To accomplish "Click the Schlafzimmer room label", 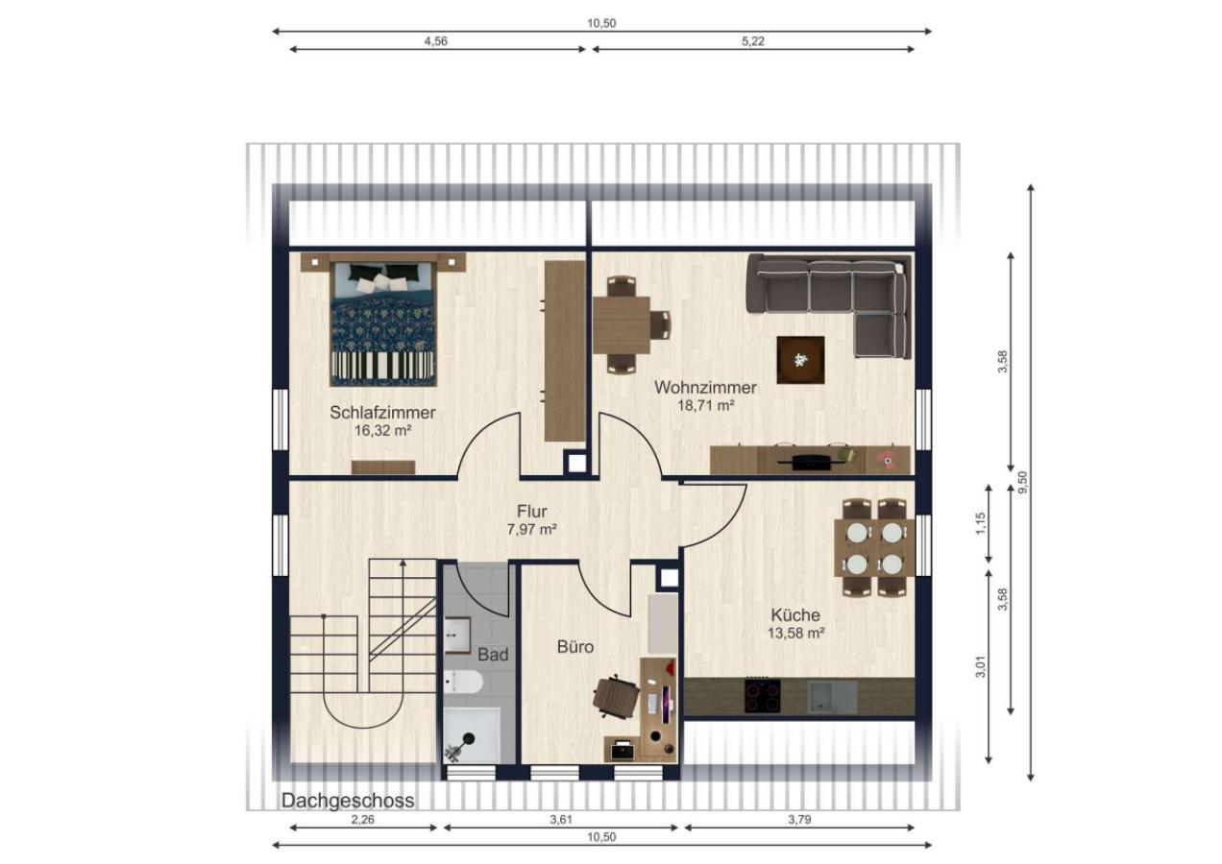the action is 382,413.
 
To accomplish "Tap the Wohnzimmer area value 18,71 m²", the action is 705,405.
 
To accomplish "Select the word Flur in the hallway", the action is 532,512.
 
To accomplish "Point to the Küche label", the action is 795,615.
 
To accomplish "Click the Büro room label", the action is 575,646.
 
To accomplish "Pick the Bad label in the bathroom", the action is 493,654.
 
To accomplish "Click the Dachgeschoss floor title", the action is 348,801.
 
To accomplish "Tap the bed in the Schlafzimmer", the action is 382,324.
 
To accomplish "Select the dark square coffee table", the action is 801,360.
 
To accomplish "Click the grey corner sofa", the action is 829,305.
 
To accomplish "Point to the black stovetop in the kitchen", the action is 762,696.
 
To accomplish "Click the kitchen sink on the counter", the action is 833,697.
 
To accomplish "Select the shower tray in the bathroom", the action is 472,735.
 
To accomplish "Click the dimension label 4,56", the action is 436,41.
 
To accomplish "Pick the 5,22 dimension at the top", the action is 753,41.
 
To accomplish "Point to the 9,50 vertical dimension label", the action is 1022,483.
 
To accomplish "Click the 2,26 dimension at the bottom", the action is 363,819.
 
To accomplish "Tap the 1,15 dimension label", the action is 981,523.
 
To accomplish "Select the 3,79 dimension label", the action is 799,819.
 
